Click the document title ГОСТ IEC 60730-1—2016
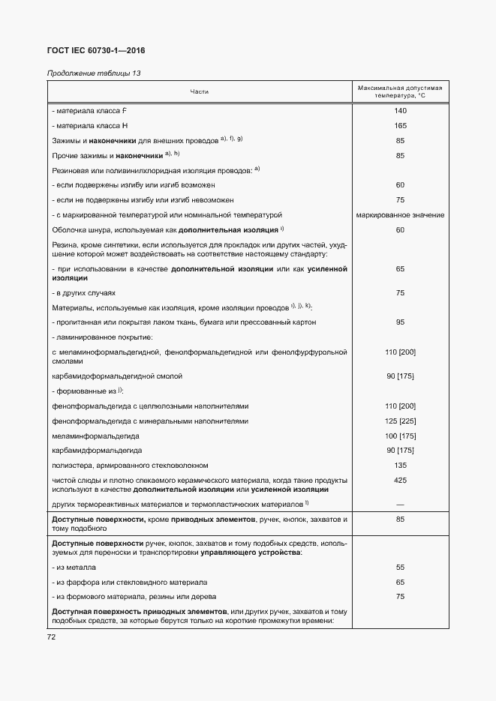point(96,50)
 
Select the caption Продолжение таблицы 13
point(93,73)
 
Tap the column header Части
point(200,91)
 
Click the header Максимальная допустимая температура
point(400,92)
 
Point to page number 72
point(52,637)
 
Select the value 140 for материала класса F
point(400,111)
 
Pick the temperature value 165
point(400,125)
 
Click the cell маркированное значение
point(400,214)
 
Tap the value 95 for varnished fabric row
point(400,322)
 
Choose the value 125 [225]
point(400,421)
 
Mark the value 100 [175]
point(400,436)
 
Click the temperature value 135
point(400,465)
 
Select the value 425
point(400,480)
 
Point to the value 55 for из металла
point(400,568)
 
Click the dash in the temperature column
point(400,504)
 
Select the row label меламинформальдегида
point(96,436)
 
